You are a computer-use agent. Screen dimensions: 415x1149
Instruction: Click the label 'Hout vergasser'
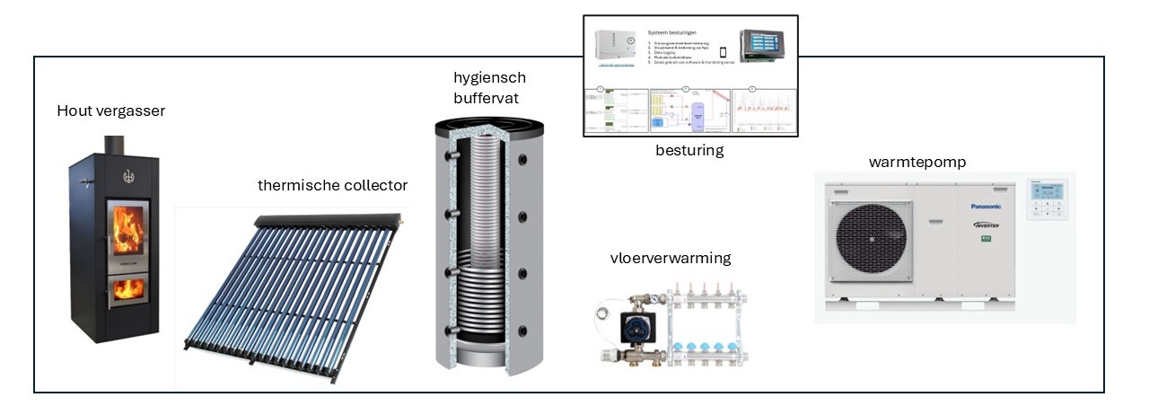[x=111, y=111]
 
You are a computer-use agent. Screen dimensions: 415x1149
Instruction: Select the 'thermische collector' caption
[x=332, y=185]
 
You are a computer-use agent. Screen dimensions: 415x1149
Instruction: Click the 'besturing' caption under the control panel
[x=689, y=150]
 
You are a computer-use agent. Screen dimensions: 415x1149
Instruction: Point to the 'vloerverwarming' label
[x=670, y=258]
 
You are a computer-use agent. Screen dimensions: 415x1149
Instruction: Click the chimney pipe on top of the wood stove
[x=113, y=146]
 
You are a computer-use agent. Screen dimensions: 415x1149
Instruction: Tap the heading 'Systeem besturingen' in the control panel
[x=679, y=31]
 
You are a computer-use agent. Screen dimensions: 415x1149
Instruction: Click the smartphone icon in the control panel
[x=723, y=52]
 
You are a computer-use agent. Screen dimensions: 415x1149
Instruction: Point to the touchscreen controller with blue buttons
[x=766, y=44]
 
